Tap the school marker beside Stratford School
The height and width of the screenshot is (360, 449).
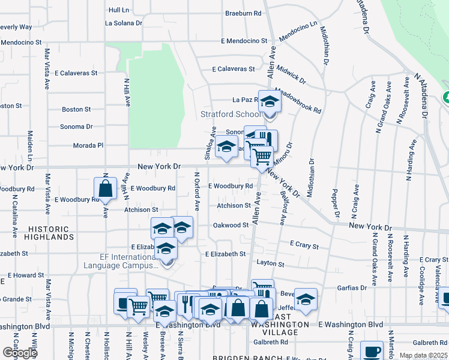tap(270, 103)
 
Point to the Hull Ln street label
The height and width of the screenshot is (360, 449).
tap(119, 10)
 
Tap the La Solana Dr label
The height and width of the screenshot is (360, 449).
tap(123, 23)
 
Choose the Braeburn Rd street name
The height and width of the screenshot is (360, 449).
tap(243, 13)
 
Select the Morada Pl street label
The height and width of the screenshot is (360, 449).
tap(89, 145)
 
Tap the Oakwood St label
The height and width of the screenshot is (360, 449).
tap(231, 225)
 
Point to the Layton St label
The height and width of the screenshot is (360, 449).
tap(270, 263)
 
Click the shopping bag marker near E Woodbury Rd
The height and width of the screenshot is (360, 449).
tap(106, 188)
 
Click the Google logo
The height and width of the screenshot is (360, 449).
tap(20, 352)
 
